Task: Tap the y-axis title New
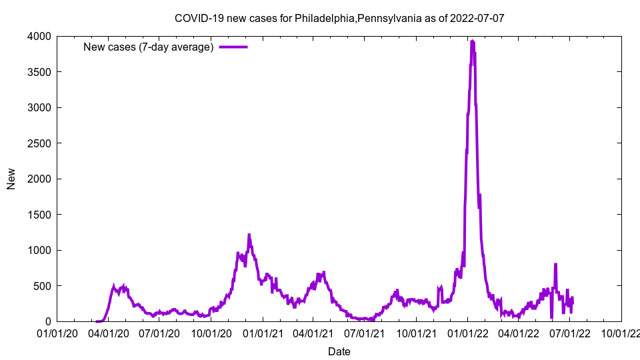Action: pos(11,179)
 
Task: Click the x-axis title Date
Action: pos(339,351)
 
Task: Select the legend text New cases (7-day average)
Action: pos(148,47)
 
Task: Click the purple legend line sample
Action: pos(233,47)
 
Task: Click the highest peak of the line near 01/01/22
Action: pos(472,41)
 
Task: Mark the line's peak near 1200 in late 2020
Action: pos(249,235)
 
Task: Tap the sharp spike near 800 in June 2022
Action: pos(555,265)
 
